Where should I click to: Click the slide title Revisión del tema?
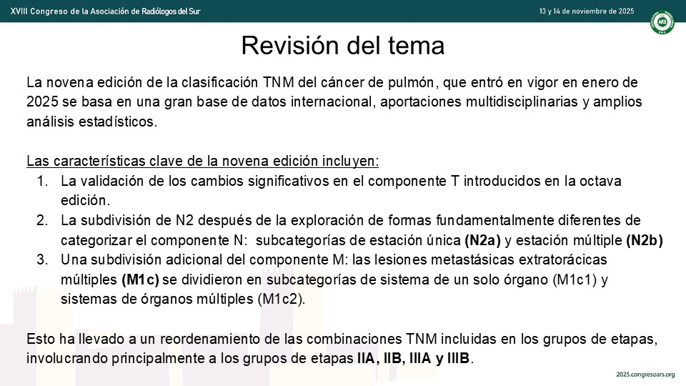point(342,45)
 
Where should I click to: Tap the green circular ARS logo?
point(662,22)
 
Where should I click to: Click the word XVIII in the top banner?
point(18,11)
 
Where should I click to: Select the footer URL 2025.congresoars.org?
point(645,375)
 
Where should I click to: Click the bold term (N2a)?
point(482,240)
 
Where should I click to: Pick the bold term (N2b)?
point(645,240)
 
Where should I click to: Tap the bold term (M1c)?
point(141,279)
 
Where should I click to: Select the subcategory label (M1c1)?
point(575,279)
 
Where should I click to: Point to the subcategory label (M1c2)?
point(281,299)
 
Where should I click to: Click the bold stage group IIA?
point(366,358)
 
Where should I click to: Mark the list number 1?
point(42,181)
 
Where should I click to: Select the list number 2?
point(42,220)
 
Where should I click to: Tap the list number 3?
point(42,259)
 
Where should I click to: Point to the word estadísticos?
point(118,122)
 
